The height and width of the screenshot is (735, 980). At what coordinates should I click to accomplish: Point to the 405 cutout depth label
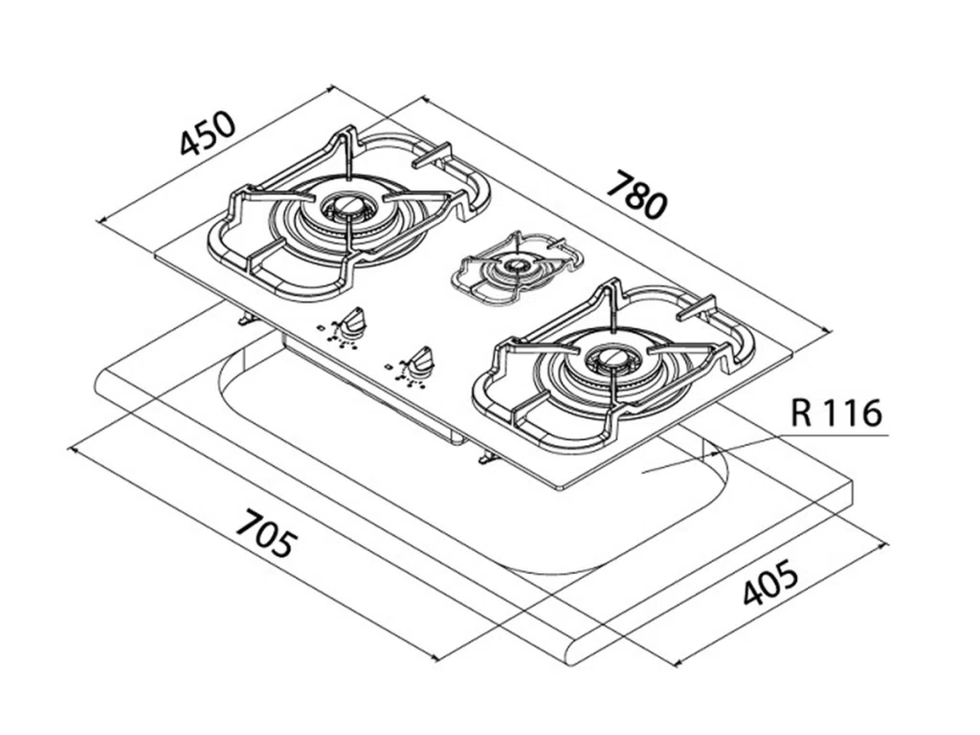point(770,585)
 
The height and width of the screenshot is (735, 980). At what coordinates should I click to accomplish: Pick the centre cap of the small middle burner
point(518,263)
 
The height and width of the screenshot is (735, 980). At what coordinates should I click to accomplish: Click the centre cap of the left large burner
point(345,204)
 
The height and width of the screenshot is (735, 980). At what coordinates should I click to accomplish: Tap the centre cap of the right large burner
point(609,360)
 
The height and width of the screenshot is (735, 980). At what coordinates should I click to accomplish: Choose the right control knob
point(418,363)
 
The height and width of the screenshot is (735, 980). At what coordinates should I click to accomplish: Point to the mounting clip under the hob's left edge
point(247,319)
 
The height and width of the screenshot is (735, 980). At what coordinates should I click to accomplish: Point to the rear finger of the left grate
point(432,155)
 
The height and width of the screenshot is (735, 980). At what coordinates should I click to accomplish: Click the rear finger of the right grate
point(696,308)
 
